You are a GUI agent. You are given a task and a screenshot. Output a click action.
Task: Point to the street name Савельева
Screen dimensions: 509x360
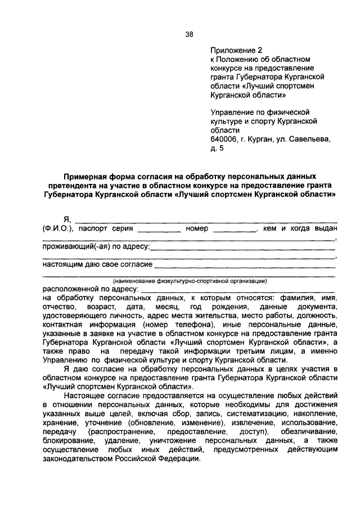click(x=313, y=139)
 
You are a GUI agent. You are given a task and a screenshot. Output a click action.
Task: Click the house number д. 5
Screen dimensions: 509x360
click(x=217, y=148)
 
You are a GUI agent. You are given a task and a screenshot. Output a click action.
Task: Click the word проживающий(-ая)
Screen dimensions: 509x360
click(x=73, y=246)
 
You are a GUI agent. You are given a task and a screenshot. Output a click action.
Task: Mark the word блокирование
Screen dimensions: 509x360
click(x=65, y=441)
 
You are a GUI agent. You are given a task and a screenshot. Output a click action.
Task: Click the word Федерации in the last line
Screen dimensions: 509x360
click(x=181, y=459)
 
